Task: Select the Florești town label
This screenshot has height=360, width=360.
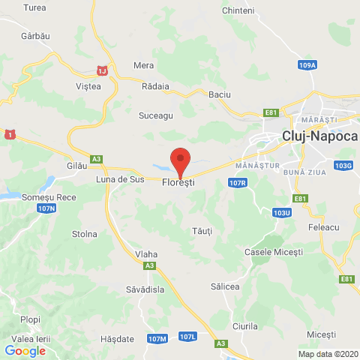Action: tap(178, 182)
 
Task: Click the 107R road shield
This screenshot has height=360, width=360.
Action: tap(238, 182)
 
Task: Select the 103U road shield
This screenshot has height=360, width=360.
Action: tap(282, 213)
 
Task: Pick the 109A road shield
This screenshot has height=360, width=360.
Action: tap(306, 66)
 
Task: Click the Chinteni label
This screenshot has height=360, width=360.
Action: tap(239, 10)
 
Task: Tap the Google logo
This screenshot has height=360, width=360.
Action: tap(25, 350)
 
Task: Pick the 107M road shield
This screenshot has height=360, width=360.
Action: tap(157, 339)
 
